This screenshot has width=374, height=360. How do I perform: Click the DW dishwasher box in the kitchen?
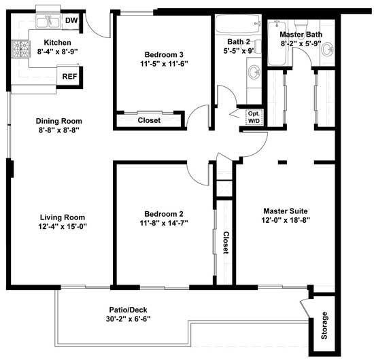tap(71, 21)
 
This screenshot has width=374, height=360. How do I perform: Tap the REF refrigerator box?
tap(69, 77)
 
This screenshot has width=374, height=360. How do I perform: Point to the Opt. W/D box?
tap(254, 117)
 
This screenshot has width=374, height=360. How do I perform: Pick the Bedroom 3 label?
tap(164, 54)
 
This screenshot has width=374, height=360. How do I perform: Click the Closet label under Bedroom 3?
tap(149, 120)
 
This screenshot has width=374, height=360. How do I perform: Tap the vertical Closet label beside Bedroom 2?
tap(226, 243)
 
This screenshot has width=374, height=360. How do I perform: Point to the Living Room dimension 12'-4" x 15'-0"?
tap(62, 227)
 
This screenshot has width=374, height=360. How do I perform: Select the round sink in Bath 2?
tap(252, 71)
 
